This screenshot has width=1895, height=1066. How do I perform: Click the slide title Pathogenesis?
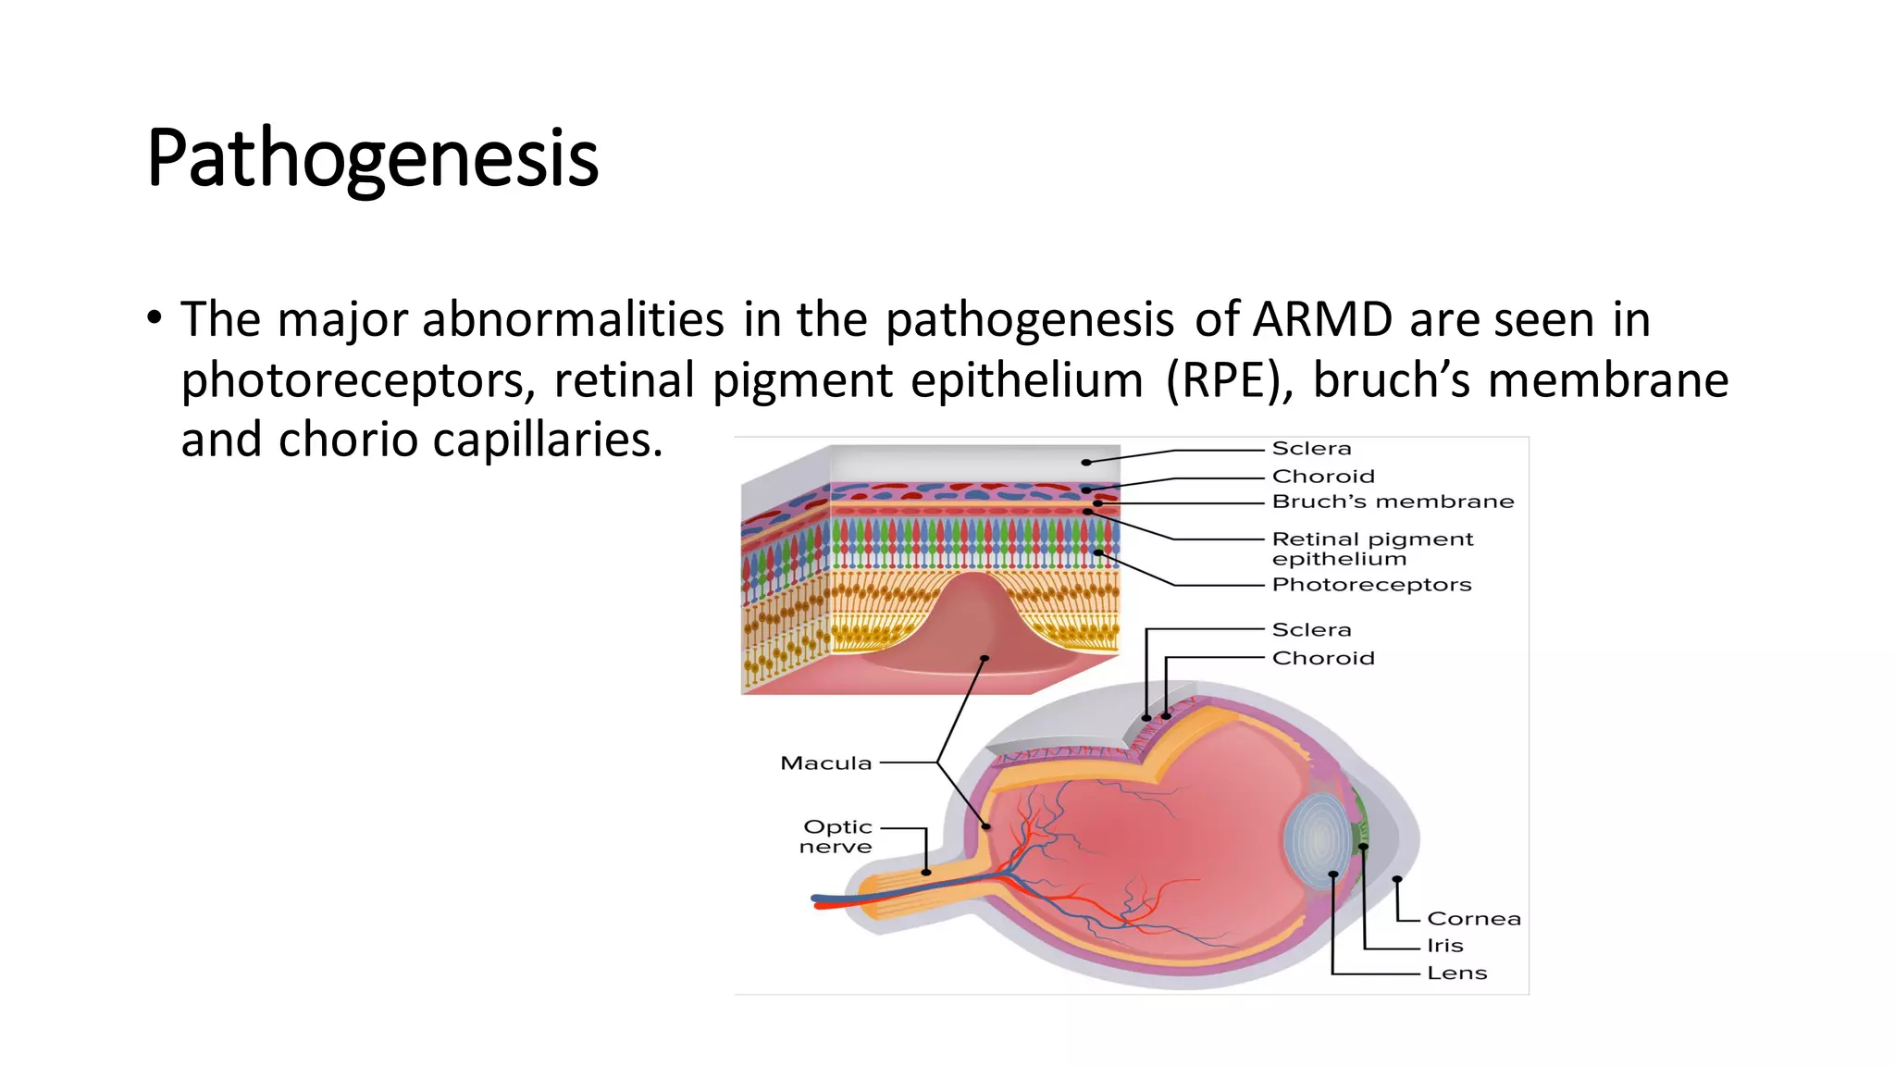372,159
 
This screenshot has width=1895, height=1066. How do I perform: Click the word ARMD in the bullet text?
1322,320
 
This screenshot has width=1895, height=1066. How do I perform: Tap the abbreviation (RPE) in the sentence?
1230,380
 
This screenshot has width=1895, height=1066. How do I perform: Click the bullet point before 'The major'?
155,319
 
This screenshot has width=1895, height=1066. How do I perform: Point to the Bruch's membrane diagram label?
1393,502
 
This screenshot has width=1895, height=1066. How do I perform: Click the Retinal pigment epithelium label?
1371,548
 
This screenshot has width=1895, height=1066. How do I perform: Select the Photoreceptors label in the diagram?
1370,585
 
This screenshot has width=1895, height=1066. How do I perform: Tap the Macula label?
825,763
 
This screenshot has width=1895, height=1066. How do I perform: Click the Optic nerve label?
836,837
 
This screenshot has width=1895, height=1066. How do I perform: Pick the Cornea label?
1473,919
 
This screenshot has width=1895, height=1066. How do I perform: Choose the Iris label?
1444,946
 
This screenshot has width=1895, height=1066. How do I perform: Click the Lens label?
1456,973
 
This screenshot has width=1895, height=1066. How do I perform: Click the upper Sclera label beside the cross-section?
1311,449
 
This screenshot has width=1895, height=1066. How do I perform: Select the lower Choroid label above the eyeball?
1322,658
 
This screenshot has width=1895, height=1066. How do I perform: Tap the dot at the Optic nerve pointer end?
926,873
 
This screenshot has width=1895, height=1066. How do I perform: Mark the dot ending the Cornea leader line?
1396,879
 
